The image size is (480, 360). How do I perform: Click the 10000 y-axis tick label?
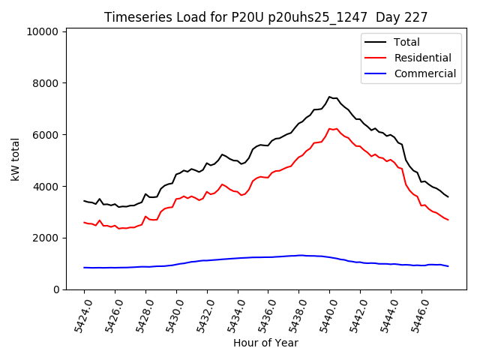click(42, 31)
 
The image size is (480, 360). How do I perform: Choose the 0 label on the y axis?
click(56, 289)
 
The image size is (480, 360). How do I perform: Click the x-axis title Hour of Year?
click(266, 343)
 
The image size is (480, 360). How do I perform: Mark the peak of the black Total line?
click(329, 97)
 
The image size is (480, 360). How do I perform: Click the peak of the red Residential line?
click(329, 128)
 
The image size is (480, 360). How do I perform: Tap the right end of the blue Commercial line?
click(448, 266)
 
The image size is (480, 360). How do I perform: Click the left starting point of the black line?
click(84, 201)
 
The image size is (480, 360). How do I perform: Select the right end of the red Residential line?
click(448, 220)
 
